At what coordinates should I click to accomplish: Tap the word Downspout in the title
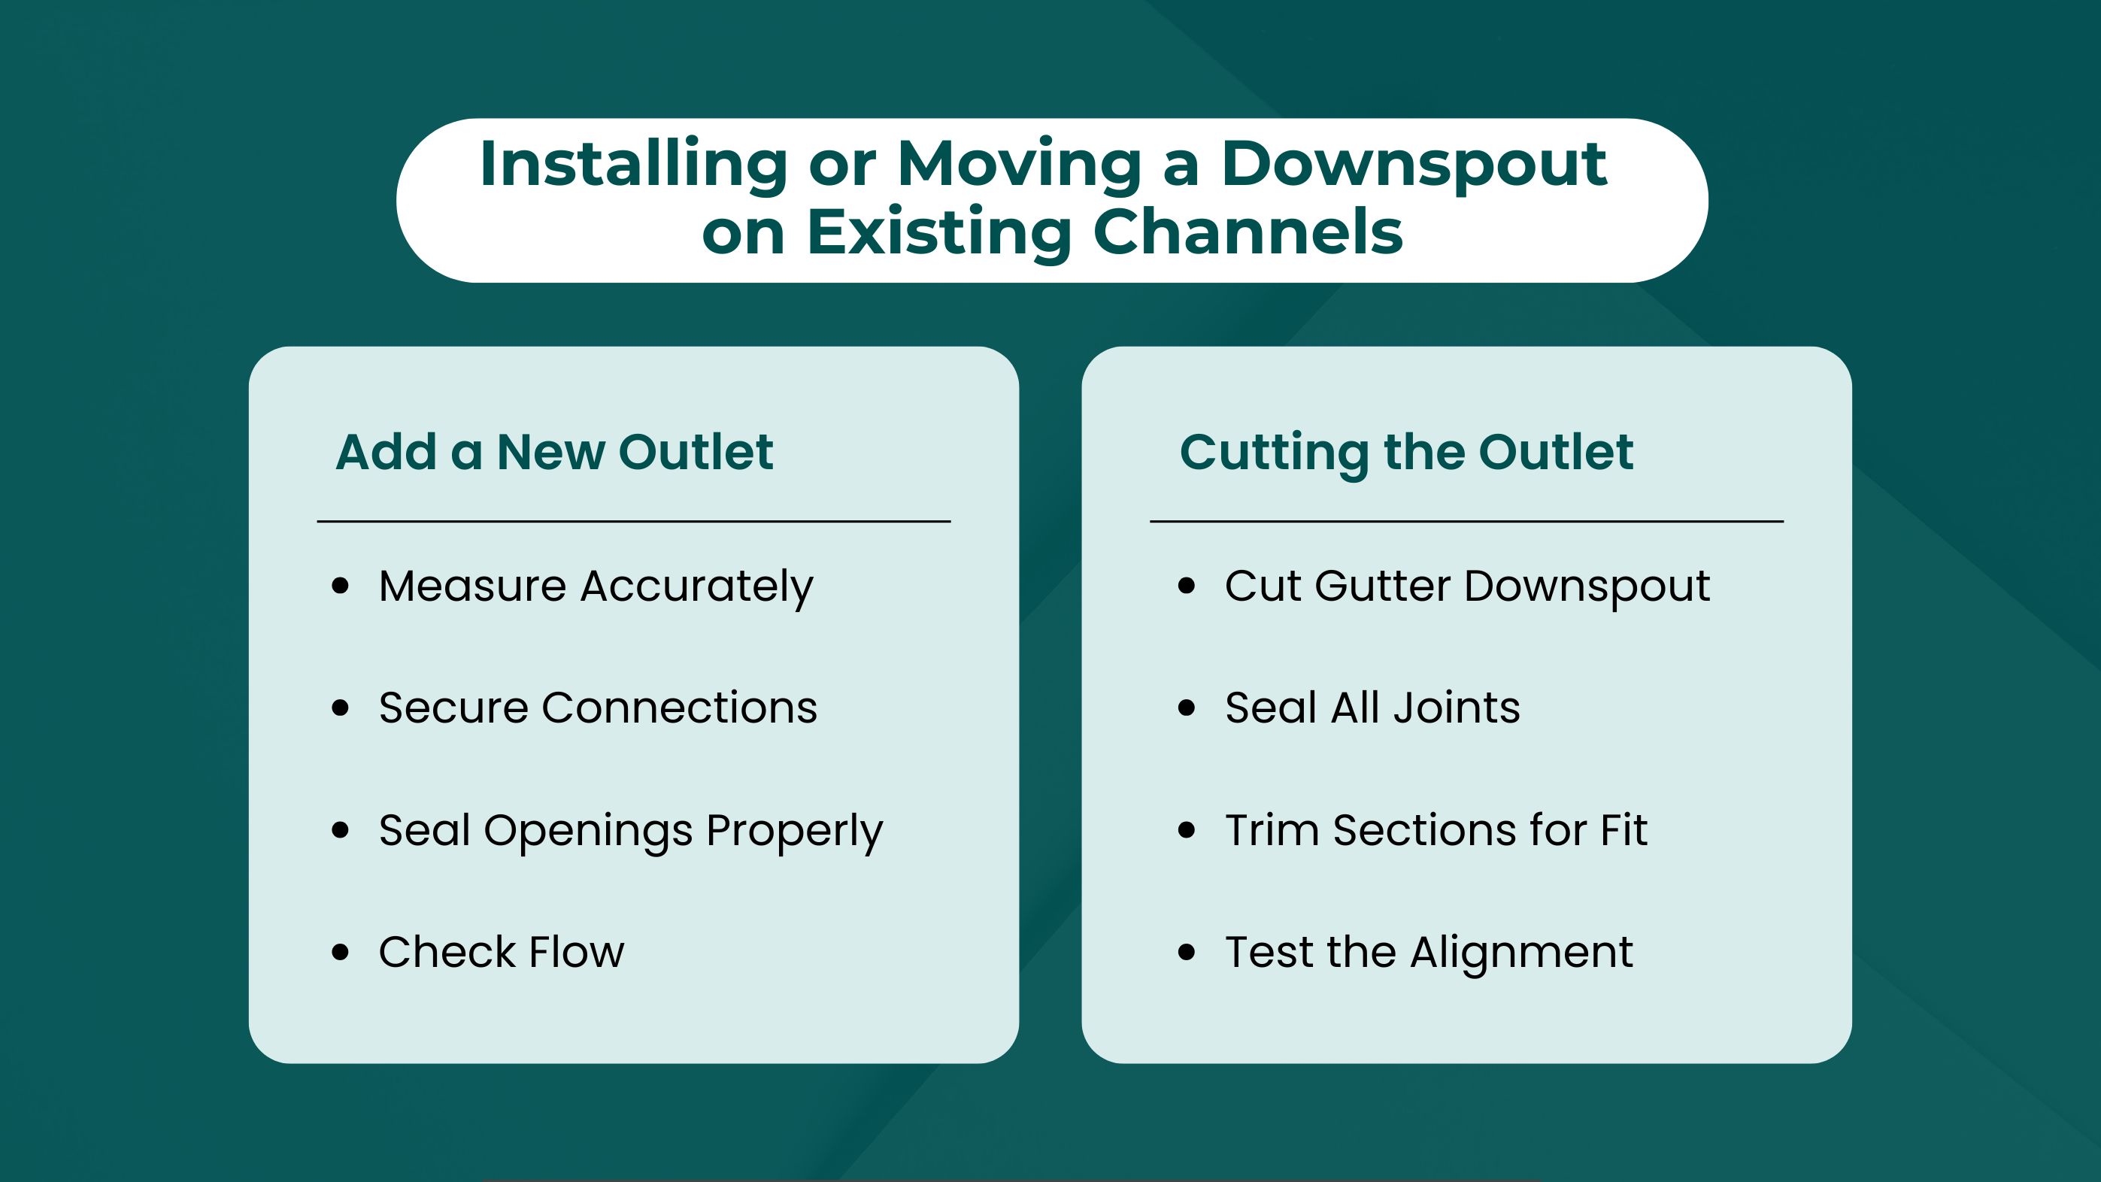(x=1414, y=165)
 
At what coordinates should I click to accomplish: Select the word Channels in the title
(x=1247, y=232)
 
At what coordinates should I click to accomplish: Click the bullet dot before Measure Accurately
(x=341, y=586)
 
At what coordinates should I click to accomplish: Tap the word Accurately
(x=696, y=587)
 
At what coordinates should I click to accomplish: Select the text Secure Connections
(x=598, y=708)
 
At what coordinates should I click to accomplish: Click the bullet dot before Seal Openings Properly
(x=341, y=830)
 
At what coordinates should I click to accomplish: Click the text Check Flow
(x=502, y=952)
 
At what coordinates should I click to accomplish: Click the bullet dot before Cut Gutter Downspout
(x=1187, y=586)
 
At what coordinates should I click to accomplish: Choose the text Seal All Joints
(x=1372, y=708)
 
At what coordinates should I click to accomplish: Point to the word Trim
(x=1272, y=830)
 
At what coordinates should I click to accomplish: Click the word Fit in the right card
(x=1623, y=830)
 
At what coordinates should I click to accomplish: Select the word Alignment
(x=1521, y=952)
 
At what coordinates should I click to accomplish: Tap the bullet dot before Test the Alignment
(x=1187, y=952)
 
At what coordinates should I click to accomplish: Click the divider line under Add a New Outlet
(x=634, y=521)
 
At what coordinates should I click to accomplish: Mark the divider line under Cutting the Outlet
(x=1466, y=521)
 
